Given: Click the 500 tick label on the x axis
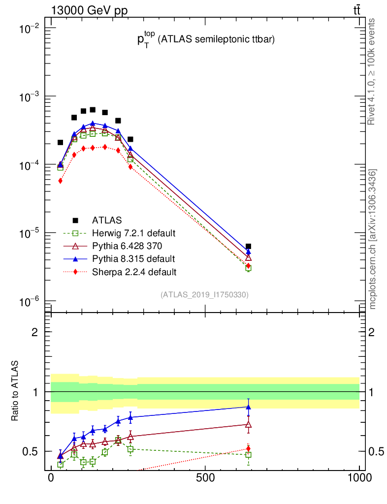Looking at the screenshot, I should (x=205, y=477).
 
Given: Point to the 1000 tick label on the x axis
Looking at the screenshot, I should (x=359, y=477).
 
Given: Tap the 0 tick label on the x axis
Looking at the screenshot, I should (x=51, y=477).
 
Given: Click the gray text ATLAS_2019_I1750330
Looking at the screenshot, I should (x=204, y=295).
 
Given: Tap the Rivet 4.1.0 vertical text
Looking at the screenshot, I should (x=372, y=71).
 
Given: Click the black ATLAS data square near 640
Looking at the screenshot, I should (x=248, y=246).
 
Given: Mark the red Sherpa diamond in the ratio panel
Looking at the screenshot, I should (x=248, y=448).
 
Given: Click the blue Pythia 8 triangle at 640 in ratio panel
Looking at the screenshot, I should (x=248, y=407).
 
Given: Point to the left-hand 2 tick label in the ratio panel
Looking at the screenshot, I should (x=35, y=332).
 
